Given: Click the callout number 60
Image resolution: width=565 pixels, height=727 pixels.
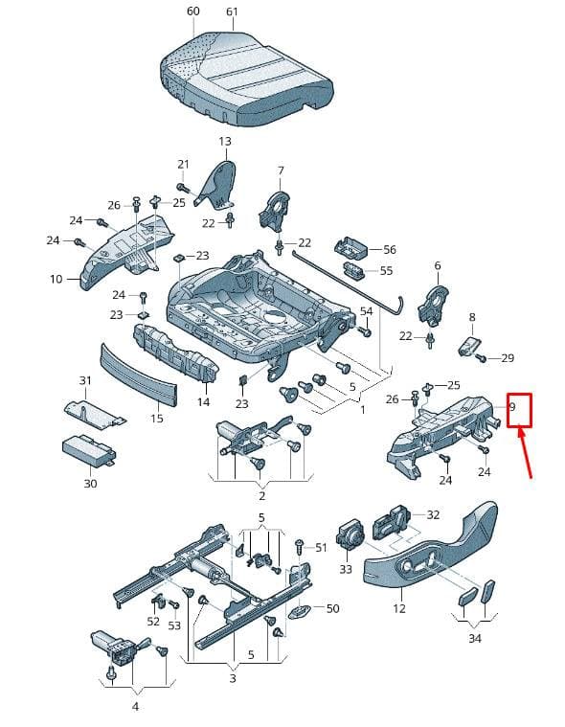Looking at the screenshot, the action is coord(192,11).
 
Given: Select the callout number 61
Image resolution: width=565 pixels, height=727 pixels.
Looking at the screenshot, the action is coord(232,11).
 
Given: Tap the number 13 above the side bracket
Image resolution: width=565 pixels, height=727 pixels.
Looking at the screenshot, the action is coord(225,142).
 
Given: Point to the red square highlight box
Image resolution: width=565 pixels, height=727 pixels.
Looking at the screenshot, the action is coord(519,410).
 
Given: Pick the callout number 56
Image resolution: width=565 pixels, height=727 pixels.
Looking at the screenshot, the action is coord(390,249).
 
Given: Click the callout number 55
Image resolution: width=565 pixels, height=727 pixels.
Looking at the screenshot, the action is coord(386,271).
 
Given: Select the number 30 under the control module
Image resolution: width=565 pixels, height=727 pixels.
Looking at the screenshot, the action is coord(90,484).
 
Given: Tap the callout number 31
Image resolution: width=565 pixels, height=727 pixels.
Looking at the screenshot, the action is coord(85,380).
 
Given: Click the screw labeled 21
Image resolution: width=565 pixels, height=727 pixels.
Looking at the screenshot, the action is coord(183,188).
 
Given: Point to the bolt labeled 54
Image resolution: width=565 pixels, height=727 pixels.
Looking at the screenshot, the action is coord(365,331).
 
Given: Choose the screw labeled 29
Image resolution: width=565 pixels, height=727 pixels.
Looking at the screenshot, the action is coord(481,358).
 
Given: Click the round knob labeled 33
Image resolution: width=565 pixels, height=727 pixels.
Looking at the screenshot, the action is coord(350,537).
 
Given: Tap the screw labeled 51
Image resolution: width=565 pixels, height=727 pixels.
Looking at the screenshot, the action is coord(300,547).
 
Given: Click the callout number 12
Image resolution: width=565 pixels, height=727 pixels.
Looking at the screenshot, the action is coord(399,608).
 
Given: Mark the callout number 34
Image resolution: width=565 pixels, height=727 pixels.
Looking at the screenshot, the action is coord(475,639).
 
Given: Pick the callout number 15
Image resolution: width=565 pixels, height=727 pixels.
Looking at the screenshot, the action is coord(157,419).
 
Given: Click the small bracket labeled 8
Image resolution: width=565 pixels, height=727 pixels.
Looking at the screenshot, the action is coord(469,346).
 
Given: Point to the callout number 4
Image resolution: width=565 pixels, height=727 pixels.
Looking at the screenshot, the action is coord(135,707).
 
